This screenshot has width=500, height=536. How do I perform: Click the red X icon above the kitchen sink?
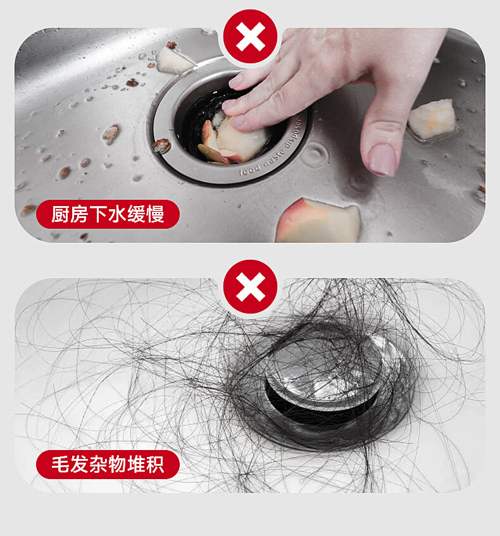pyautogui.click(x=250, y=37)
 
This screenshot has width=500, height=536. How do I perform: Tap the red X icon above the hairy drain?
pyautogui.click(x=250, y=286)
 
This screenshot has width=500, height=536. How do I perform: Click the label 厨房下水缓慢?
pyautogui.click(x=108, y=214)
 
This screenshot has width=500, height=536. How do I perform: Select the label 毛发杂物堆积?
pyautogui.click(x=108, y=464)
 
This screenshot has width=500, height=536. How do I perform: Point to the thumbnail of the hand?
pyautogui.click(x=383, y=159)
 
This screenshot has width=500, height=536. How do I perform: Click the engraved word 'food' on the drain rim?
pyautogui.click(x=250, y=169)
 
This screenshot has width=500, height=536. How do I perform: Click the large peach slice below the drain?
pyautogui.click(x=318, y=221)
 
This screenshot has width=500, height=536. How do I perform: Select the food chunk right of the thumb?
pyautogui.click(x=432, y=119)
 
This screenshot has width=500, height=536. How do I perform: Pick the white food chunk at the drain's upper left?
pyautogui.click(x=173, y=61)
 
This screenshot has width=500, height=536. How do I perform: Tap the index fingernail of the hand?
pyautogui.click(x=235, y=81)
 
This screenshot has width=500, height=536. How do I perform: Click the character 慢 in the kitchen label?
pyautogui.click(x=155, y=214)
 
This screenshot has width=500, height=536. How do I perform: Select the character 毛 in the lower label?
pyautogui.click(x=61, y=464)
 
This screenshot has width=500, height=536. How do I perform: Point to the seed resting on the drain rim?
pyautogui.click(x=161, y=146)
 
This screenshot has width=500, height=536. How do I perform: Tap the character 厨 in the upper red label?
pyautogui.click(x=61, y=214)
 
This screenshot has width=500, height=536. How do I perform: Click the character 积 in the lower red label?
pyautogui.click(x=155, y=464)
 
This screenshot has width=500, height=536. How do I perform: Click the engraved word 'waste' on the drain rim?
pyautogui.click(x=273, y=157)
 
